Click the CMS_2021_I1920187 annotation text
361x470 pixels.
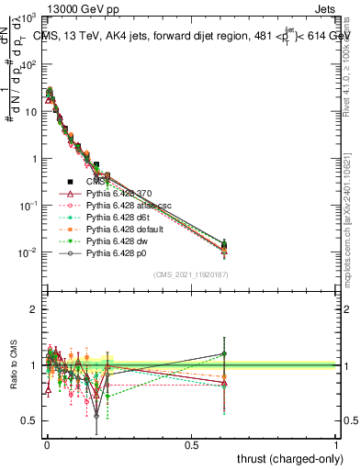pyautogui.click(x=190, y=274)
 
